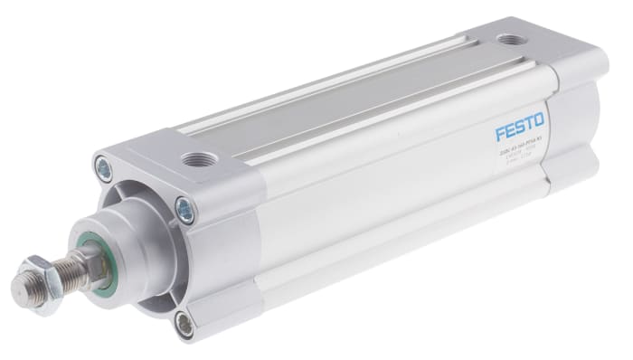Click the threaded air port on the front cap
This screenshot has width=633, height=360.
click(x=194, y=160)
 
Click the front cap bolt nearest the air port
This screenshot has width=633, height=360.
click(x=185, y=211)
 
